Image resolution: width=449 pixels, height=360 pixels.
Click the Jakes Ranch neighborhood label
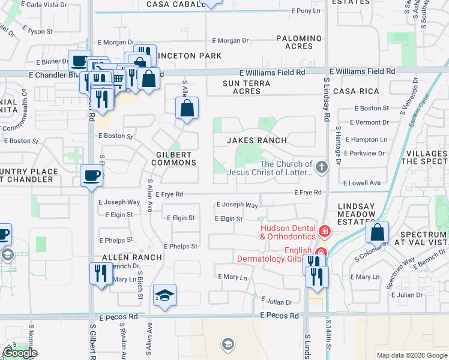pyautogui.click(x=256, y=140)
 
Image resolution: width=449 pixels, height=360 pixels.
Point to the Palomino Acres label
pyautogui.click(x=299, y=42)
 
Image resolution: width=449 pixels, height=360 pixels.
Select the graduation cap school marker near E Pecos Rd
pyautogui.click(x=164, y=295)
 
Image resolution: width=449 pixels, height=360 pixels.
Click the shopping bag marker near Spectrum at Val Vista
pyautogui.click(x=378, y=232)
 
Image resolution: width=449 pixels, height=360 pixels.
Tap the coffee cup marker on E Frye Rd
pyautogui.click(x=92, y=176)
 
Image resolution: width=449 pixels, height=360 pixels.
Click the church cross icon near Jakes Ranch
pyautogui.click(x=322, y=167)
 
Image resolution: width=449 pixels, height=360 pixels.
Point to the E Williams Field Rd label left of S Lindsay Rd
pyautogui.click(x=275, y=71)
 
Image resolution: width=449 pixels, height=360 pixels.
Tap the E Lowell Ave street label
pyautogui.click(x=361, y=182)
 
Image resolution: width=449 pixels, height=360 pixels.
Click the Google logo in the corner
pyautogui.click(x=20, y=353)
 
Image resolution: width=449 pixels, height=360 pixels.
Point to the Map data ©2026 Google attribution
pyautogui.click(x=411, y=355)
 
